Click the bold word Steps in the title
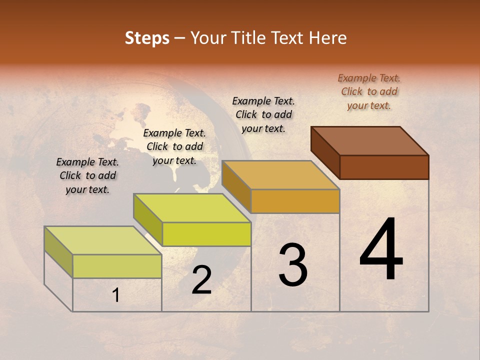click(x=147, y=38)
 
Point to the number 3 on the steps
click(x=293, y=265)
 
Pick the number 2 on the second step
click(x=201, y=280)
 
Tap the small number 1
click(x=116, y=295)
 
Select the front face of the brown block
click(x=384, y=167)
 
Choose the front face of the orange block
click(x=295, y=201)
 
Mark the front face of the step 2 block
click(x=206, y=234)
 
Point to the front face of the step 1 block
click(x=117, y=266)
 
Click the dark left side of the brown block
click(x=325, y=152)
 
